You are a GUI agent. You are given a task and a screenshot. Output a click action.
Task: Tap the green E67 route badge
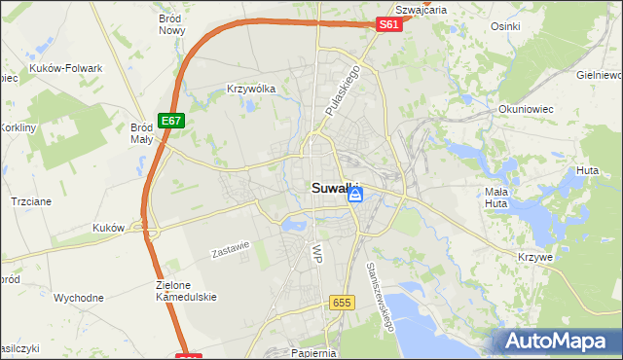(171, 120)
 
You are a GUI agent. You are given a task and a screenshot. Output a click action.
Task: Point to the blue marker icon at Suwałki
(356, 195)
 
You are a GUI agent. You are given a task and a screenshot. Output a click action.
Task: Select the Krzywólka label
(251, 89)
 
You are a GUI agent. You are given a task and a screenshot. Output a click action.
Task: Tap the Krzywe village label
(536, 256)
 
